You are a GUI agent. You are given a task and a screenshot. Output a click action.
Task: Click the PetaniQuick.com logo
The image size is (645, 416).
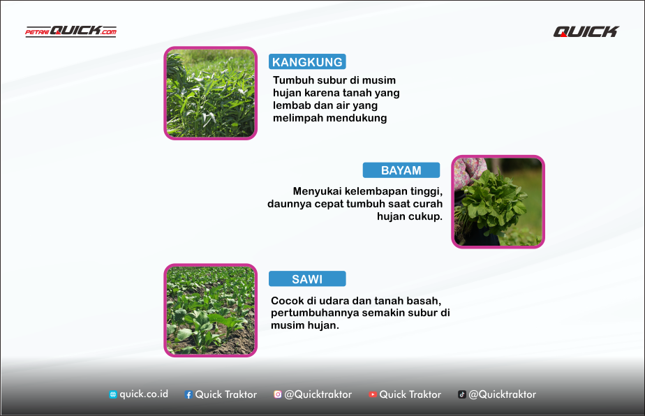(71, 31)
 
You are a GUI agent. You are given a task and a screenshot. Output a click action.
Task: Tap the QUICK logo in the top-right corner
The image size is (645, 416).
(586, 31)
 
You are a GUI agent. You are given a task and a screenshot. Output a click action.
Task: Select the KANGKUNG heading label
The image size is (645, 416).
(307, 62)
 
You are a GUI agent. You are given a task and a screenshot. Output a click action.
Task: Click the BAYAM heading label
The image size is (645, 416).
(401, 170)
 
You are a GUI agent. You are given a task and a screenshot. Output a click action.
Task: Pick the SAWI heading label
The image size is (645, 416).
(307, 279)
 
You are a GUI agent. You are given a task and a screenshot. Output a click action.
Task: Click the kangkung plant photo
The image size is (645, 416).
(210, 93)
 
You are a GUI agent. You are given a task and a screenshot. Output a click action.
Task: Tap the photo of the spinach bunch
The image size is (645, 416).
(498, 202)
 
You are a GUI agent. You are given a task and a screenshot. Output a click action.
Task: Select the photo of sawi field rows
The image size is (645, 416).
(210, 310)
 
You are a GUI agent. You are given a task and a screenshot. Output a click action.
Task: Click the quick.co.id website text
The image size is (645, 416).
(144, 394)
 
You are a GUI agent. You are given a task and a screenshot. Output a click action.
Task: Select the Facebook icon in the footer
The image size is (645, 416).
(188, 394)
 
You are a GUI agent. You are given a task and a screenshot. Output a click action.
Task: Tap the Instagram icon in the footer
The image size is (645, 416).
(277, 394)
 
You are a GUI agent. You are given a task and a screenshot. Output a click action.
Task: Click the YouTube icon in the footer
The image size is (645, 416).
(373, 394)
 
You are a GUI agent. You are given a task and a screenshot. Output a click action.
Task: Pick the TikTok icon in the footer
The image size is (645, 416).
(461, 394)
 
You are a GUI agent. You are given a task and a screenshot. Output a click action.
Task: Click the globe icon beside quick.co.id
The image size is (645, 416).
(112, 394)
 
